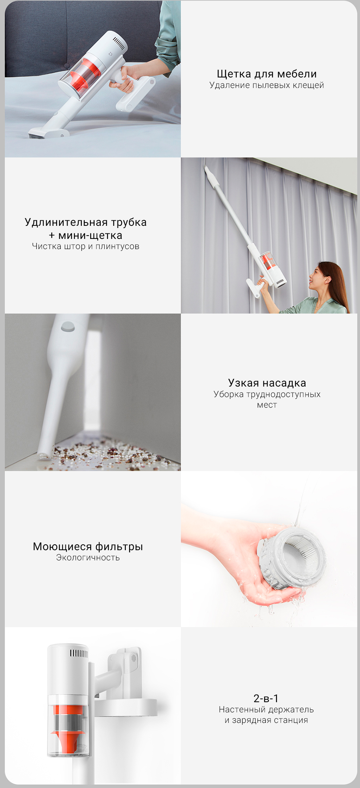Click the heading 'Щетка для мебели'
[267, 74]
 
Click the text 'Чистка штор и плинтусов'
[85, 246]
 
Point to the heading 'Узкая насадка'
[267, 383]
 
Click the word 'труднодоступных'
[283, 395]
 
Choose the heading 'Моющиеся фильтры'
[88, 547]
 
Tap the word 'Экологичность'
[88, 558]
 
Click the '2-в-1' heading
[266, 698]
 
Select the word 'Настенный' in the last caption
[242, 709]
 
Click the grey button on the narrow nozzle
[68, 326]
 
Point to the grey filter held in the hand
[291, 556]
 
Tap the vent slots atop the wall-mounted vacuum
[79, 653]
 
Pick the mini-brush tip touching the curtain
[207, 169]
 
